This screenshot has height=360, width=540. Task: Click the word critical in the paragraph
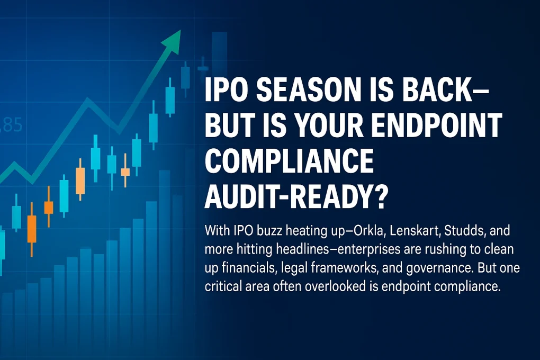pyautogui.click(x=223, y=284)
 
